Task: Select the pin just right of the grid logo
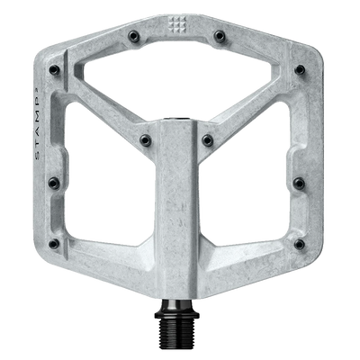219,36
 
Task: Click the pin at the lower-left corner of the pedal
53,244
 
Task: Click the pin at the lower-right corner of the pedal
306,244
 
